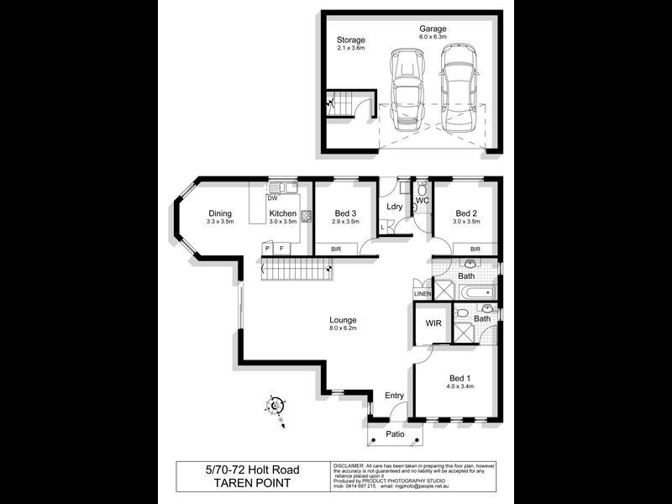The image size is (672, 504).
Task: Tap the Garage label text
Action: point(433,29)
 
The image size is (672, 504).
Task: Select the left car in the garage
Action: point(406,87)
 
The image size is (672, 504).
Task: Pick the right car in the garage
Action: point(457,83)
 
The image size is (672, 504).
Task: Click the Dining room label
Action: point(220,213)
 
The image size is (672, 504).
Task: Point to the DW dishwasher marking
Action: point(272,198)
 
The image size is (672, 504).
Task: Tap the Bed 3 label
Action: point(343,213)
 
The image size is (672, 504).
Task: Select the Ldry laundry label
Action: point(394,207)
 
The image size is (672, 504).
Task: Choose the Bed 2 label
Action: point(466,213)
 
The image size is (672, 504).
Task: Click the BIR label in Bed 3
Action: point(336,249)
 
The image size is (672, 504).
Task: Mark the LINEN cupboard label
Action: point(422,294)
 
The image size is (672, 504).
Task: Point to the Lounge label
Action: point(343,320)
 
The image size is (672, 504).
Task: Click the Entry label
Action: point(394,395)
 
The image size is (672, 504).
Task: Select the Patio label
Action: point(395,434)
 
